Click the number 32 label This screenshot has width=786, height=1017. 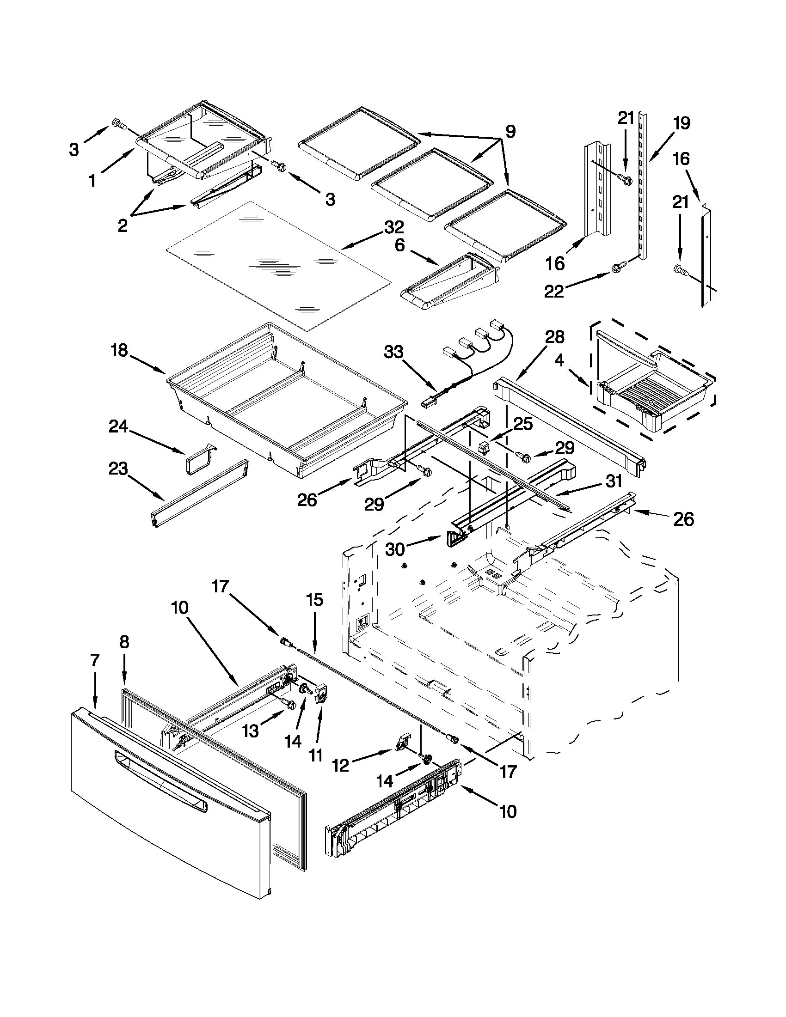point(394,227)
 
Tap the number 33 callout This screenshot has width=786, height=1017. point(393,353)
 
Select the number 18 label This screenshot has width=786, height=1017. point(119,350)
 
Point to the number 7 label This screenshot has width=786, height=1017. point(95,660)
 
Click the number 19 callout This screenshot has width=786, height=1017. point(681,124)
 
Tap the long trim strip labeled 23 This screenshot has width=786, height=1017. point(199,494)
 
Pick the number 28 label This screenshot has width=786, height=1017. point(554,337)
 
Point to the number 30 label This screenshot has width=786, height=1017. point(395,549)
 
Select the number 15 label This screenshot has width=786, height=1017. point(314,600)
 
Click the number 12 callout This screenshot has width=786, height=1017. point(341,766)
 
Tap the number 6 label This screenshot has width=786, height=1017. point(400,245)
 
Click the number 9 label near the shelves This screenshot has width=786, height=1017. point(510,132)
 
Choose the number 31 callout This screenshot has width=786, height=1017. point(614,481)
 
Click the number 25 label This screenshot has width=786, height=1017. point(522,423)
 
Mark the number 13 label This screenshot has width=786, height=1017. point(250,731)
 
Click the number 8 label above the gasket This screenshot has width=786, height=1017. point(124,642)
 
